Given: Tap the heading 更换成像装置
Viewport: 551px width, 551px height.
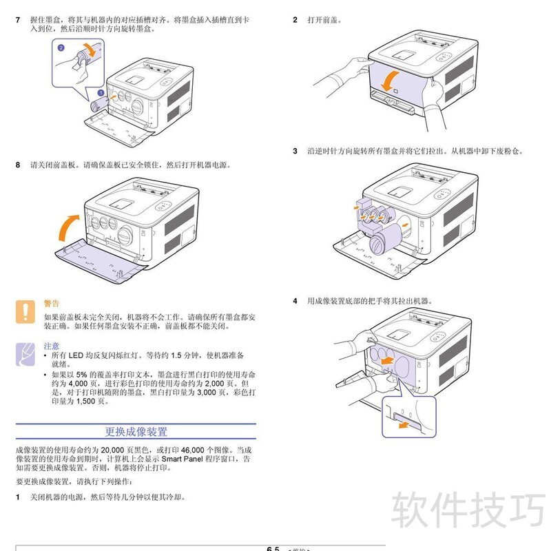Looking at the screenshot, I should click(136, 433).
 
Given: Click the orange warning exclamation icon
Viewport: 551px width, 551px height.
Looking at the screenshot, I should click(25, 311).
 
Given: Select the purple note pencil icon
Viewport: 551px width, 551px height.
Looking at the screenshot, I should click(25, 353).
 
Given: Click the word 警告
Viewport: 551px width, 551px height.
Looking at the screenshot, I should click(52, 303).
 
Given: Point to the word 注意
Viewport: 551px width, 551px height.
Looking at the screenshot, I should click(52, 346).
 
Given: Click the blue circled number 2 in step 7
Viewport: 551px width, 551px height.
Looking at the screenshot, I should click(61, 48).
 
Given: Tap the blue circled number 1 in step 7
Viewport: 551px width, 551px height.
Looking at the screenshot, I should click(101, 92).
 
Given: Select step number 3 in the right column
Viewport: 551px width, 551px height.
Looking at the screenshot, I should click(295, 151).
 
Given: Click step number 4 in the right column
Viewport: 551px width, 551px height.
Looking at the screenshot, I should click(295, 301).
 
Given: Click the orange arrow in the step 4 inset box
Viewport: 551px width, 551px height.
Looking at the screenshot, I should click(407, 426).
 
